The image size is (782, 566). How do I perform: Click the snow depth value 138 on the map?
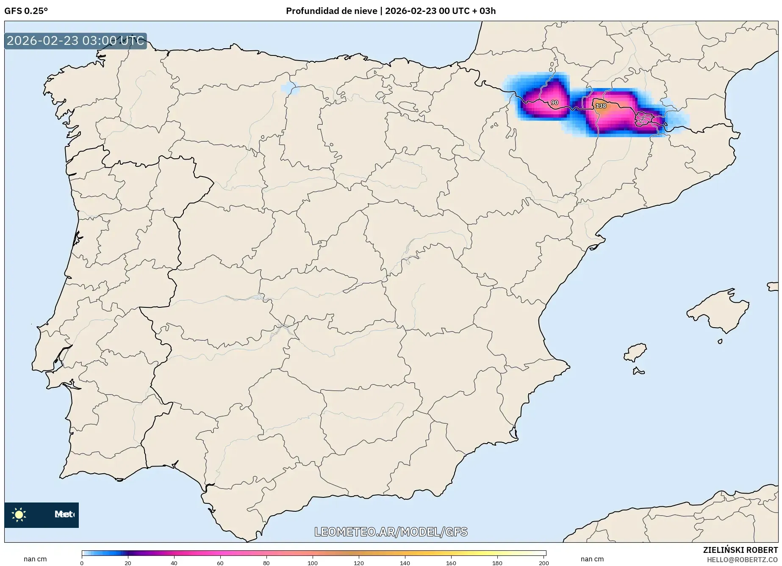click(601, 106)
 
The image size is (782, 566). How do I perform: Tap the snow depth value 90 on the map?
click(554, 102)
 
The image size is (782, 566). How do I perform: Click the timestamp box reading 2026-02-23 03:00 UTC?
click(75, 41)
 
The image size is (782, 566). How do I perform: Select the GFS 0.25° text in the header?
click(26, 11)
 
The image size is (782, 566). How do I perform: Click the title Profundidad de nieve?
click(331, 11)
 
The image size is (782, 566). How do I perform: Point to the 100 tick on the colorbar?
click(313, 563)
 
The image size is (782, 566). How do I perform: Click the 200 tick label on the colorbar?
click(544, 563)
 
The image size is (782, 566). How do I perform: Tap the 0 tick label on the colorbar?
click(82, 563)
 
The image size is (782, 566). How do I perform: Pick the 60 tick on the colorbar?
click(220, 563)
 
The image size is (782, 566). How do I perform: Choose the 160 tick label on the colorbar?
click(451, 563)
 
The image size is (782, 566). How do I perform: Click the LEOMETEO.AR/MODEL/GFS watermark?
click(391, 532)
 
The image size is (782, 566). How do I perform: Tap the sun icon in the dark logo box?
click(19, 515)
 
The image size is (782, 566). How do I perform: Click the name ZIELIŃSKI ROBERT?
click(740, 550)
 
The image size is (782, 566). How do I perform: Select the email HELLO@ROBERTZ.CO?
click(742, 560)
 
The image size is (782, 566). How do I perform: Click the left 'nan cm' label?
click(35, 559)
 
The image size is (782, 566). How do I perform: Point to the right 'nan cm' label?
click(592, 559)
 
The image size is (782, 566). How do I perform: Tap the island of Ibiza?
click(635, 353)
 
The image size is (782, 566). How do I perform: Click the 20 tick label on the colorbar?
click(128, 563)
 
